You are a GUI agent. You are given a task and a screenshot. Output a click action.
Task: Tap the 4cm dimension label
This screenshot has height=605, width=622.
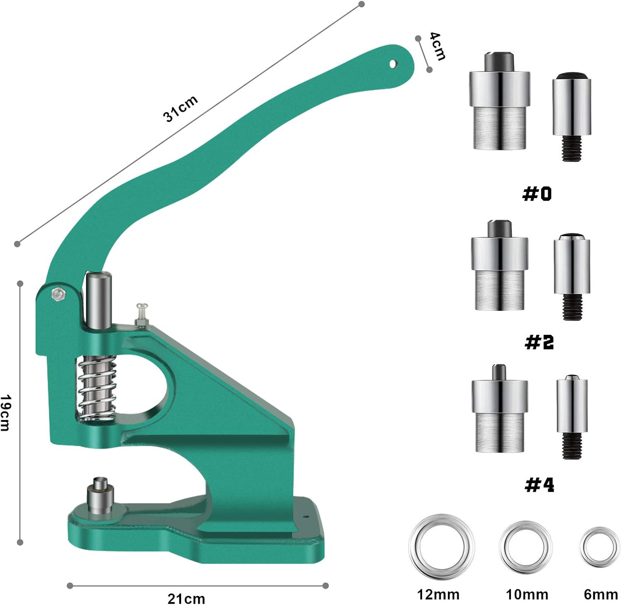pyautogui.click(x=437, y=46)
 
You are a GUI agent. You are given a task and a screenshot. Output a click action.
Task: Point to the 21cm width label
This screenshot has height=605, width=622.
pyautogui.click(x=186, y=598)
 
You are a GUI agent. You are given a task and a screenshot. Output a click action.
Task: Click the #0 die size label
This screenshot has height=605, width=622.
pyautogui.click(x=537, y=194)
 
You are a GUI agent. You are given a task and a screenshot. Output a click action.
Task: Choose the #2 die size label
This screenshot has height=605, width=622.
pyautogui.click(x=539, y=342)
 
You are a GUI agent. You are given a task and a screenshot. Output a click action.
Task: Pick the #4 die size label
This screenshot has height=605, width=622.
pyautogui.click(x=539, y=484)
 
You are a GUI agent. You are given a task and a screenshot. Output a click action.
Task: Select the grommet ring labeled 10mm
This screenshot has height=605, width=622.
pyautogui.click(x=526, y=547)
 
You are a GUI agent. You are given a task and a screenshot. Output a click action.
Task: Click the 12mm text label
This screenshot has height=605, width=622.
pyautogui.click(x=438, y=595)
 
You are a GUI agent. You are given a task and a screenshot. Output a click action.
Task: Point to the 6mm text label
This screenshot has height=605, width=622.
pyautogui.click(x=600, y=595)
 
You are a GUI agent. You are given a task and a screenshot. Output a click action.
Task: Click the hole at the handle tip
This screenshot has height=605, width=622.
pyautogui.click(x=393, y=64)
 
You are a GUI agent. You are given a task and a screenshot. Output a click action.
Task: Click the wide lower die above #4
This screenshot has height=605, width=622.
pyautogui.click(x=500, y=410)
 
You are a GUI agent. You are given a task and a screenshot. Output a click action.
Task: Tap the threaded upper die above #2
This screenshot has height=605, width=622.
pyautogui.click(x=572, y=276)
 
